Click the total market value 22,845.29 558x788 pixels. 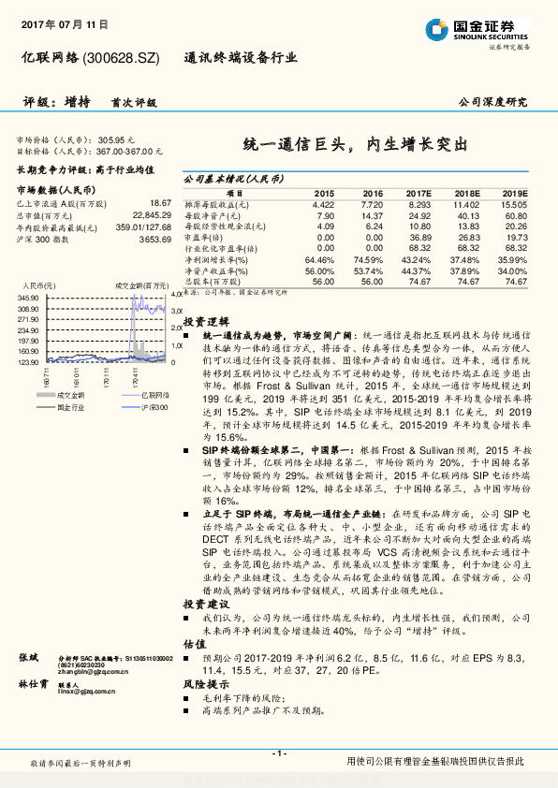click(x=149, y=214)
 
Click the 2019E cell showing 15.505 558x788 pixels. click(x=513, y=203)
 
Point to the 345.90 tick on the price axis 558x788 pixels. click(x=27, y=296)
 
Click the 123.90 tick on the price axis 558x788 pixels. click(x=27, y=361)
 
